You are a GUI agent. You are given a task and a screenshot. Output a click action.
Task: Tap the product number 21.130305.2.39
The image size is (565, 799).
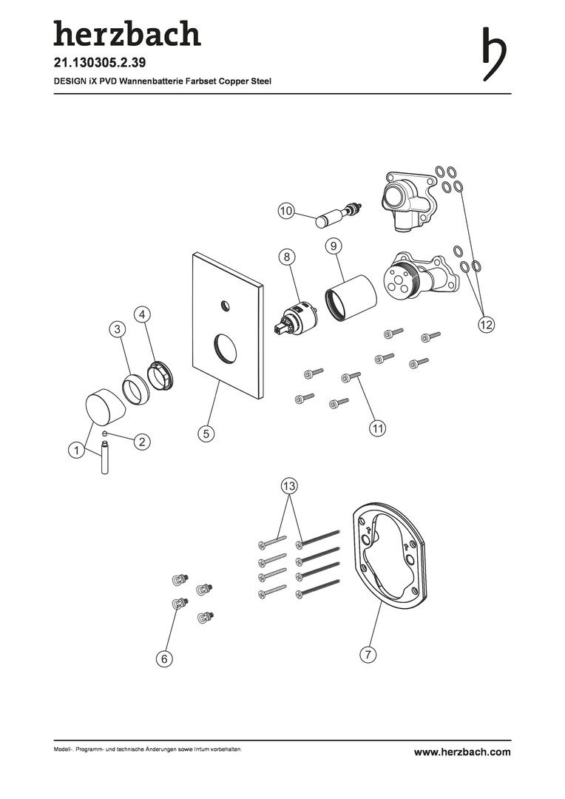(100, 63)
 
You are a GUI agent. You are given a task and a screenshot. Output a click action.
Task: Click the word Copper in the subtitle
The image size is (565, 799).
(234, 81)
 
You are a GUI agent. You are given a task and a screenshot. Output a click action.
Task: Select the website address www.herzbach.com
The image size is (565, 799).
(462, 752)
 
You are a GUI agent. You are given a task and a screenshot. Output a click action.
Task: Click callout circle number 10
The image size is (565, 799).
(286, 210)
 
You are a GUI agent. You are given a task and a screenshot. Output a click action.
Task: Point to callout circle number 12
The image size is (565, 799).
(486, 323)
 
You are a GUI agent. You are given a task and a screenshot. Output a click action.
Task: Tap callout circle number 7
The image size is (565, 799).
(368, 654)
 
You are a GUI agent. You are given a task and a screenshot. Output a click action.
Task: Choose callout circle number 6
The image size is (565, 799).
(164, 659)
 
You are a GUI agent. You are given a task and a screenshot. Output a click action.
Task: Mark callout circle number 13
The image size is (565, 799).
(289, 485)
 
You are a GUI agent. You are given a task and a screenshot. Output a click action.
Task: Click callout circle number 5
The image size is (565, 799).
(206, 434)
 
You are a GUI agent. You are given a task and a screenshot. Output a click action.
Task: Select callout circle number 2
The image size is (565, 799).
(142, 441)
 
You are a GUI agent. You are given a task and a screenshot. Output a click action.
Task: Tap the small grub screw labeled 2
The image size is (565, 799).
(106, 433)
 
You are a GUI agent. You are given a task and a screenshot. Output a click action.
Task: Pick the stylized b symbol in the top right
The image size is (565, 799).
(494, 54)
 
